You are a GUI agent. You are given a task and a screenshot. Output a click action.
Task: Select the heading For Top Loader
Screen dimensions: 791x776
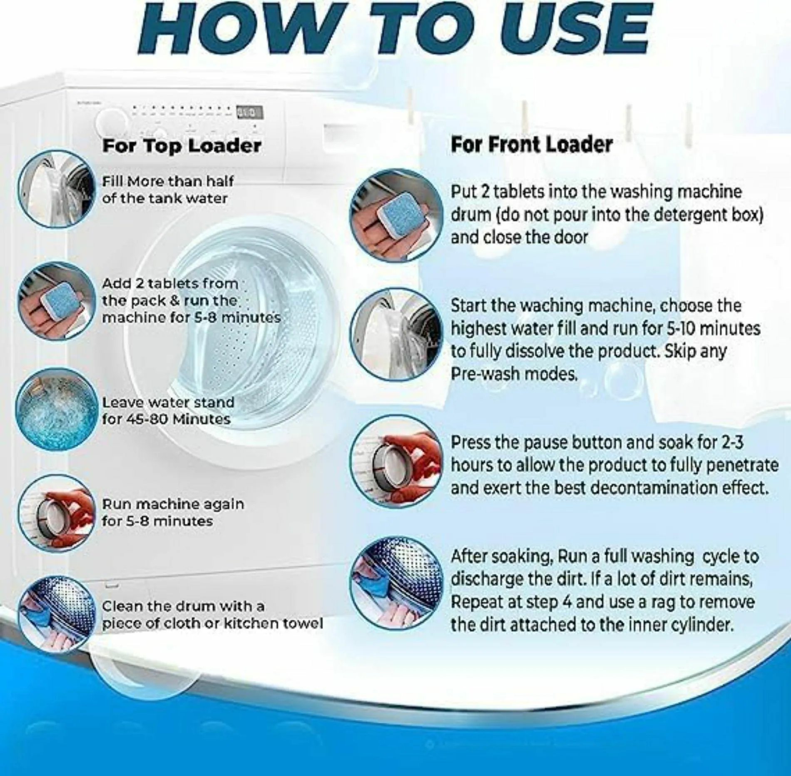pos(182,146)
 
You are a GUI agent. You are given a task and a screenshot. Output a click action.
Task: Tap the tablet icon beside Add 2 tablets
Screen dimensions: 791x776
pos(56,301)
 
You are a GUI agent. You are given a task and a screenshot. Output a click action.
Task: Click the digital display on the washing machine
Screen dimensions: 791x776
pos(249,112)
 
